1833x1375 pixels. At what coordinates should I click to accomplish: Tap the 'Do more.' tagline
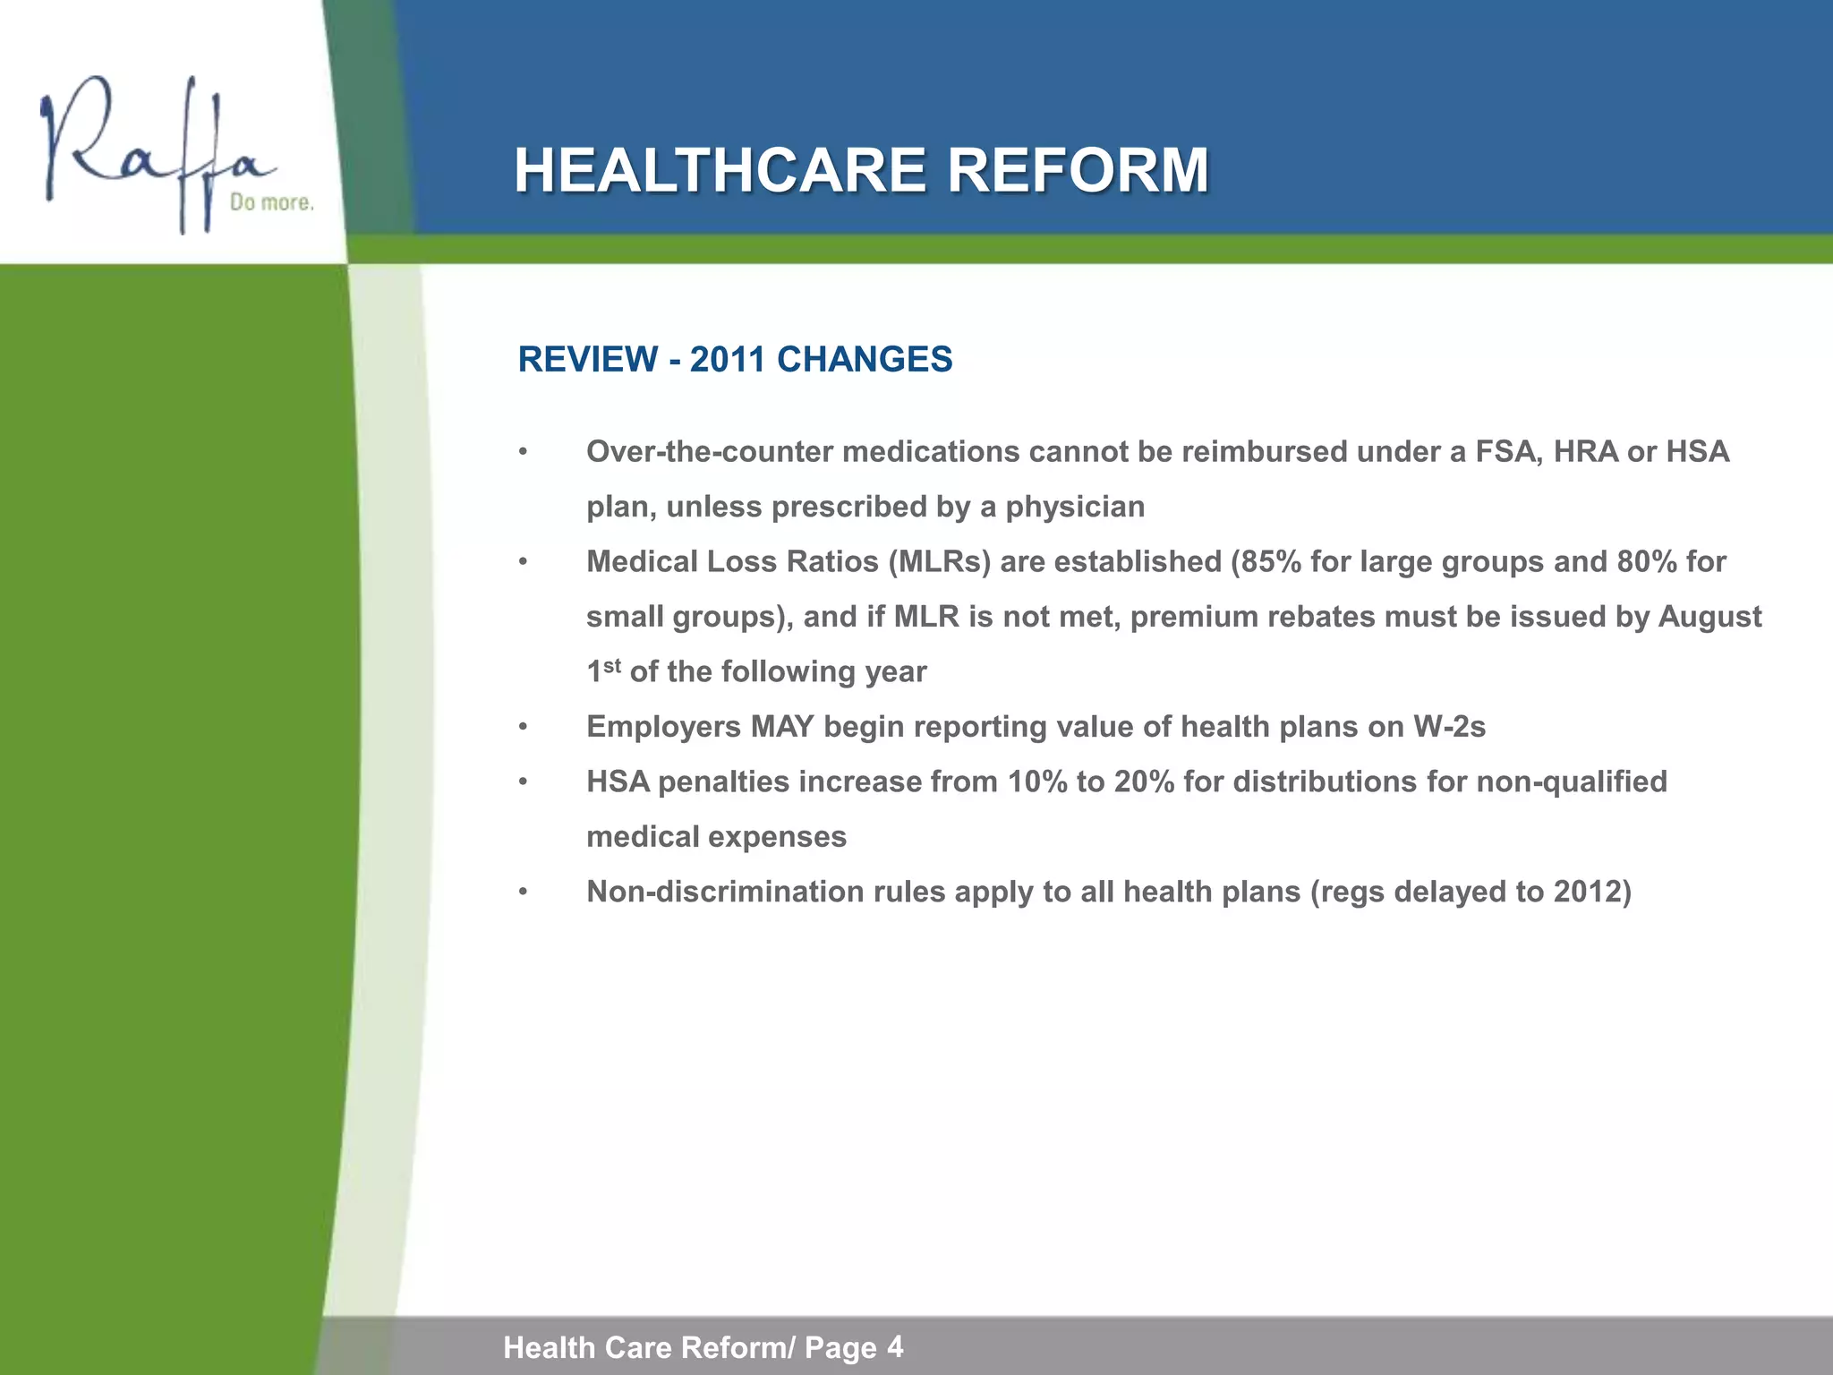pyautogui.click(x=271, y=203)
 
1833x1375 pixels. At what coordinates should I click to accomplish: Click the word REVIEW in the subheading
pyautogui.click(x=588, y=360)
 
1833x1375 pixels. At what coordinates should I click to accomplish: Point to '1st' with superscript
pyautogui.click(x=603, y=670)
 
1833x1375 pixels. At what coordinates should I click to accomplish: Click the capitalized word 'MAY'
pyautogui.click(x=782, y=727)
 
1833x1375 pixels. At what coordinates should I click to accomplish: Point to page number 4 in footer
pyautogui.click(x=895, y=1345)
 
